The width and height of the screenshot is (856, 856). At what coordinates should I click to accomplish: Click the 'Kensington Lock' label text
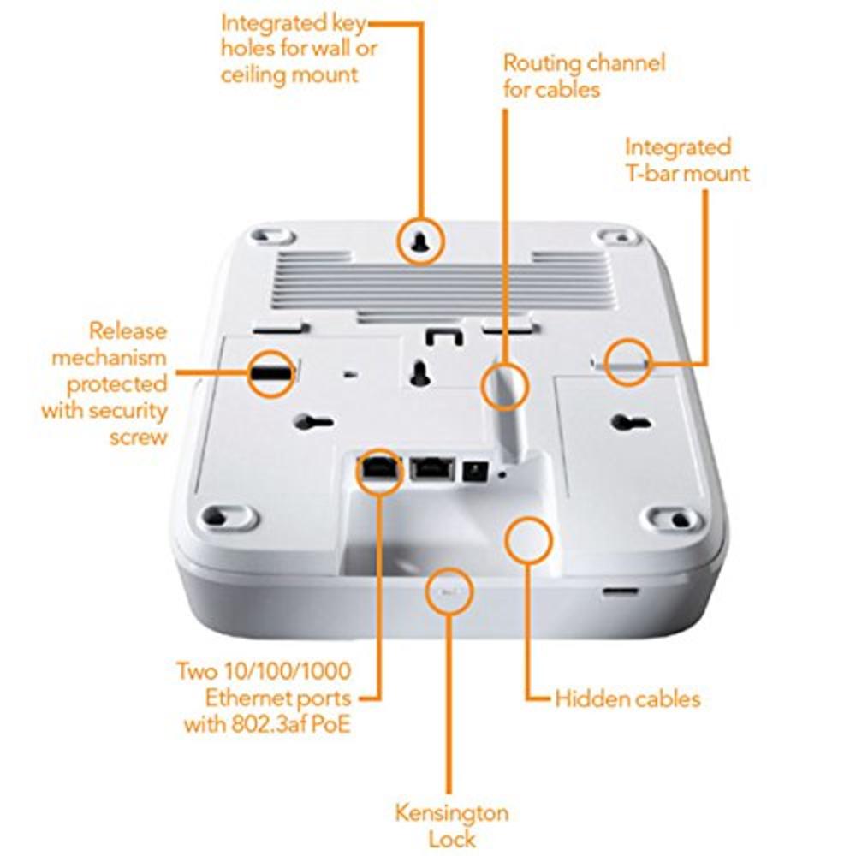[451, 823]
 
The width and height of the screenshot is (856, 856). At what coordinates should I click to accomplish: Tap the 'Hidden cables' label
[627, 698]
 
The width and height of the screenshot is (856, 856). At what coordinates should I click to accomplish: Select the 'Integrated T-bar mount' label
[687, 160]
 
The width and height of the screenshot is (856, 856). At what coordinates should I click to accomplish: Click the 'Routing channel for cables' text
[583, 75]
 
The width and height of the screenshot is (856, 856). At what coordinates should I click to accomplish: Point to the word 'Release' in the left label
[128, 330]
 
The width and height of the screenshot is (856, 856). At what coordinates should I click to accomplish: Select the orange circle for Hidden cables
[528, 539]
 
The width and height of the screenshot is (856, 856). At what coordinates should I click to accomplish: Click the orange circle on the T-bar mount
[627, 361]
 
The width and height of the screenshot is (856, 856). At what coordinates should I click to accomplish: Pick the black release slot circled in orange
[271, 373]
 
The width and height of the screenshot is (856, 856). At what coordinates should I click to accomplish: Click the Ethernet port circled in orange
[377, 469]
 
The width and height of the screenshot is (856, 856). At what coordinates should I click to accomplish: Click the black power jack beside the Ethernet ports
[472, 469]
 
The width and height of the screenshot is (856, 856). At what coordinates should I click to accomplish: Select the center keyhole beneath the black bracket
[420, 372]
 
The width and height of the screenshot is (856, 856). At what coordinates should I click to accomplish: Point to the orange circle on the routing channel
[504, 385]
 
